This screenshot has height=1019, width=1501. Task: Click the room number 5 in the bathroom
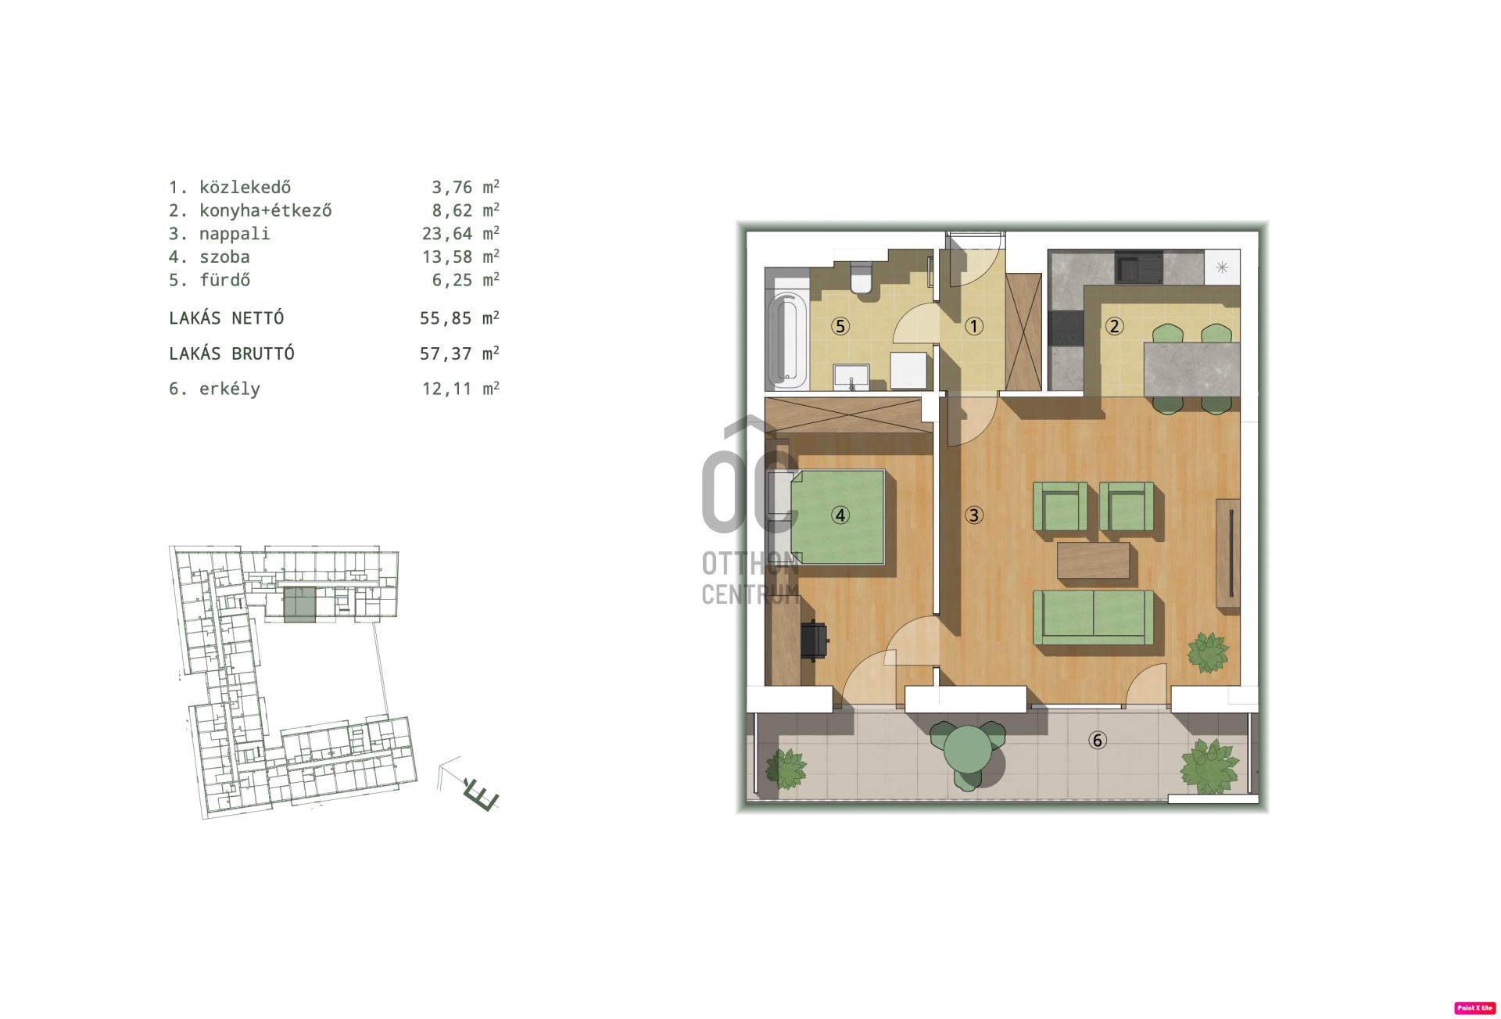tap(840, 326)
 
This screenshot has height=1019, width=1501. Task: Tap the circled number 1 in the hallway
tap(974, 326)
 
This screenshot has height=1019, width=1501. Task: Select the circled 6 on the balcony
tap(1098, 740)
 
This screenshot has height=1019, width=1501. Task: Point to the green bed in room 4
tap(838, 517)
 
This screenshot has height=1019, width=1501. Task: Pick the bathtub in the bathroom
tap(786, 340)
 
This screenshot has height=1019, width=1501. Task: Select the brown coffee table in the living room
tap(1094, 561)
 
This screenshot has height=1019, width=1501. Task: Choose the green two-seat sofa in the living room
tap(1093, 617)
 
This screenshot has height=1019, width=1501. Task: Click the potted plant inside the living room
tap(1208, 652)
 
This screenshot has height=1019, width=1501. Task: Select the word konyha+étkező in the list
tap(266, 210)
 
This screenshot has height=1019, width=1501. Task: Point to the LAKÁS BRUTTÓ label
tap(231, 353)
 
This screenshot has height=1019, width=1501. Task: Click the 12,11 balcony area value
tap(447, 389)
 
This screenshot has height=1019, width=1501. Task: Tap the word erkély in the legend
tap(230, 389)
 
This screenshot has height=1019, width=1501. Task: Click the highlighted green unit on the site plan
tap(299, 605)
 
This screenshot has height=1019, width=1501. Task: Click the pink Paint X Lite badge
tap(1474, 1008)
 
